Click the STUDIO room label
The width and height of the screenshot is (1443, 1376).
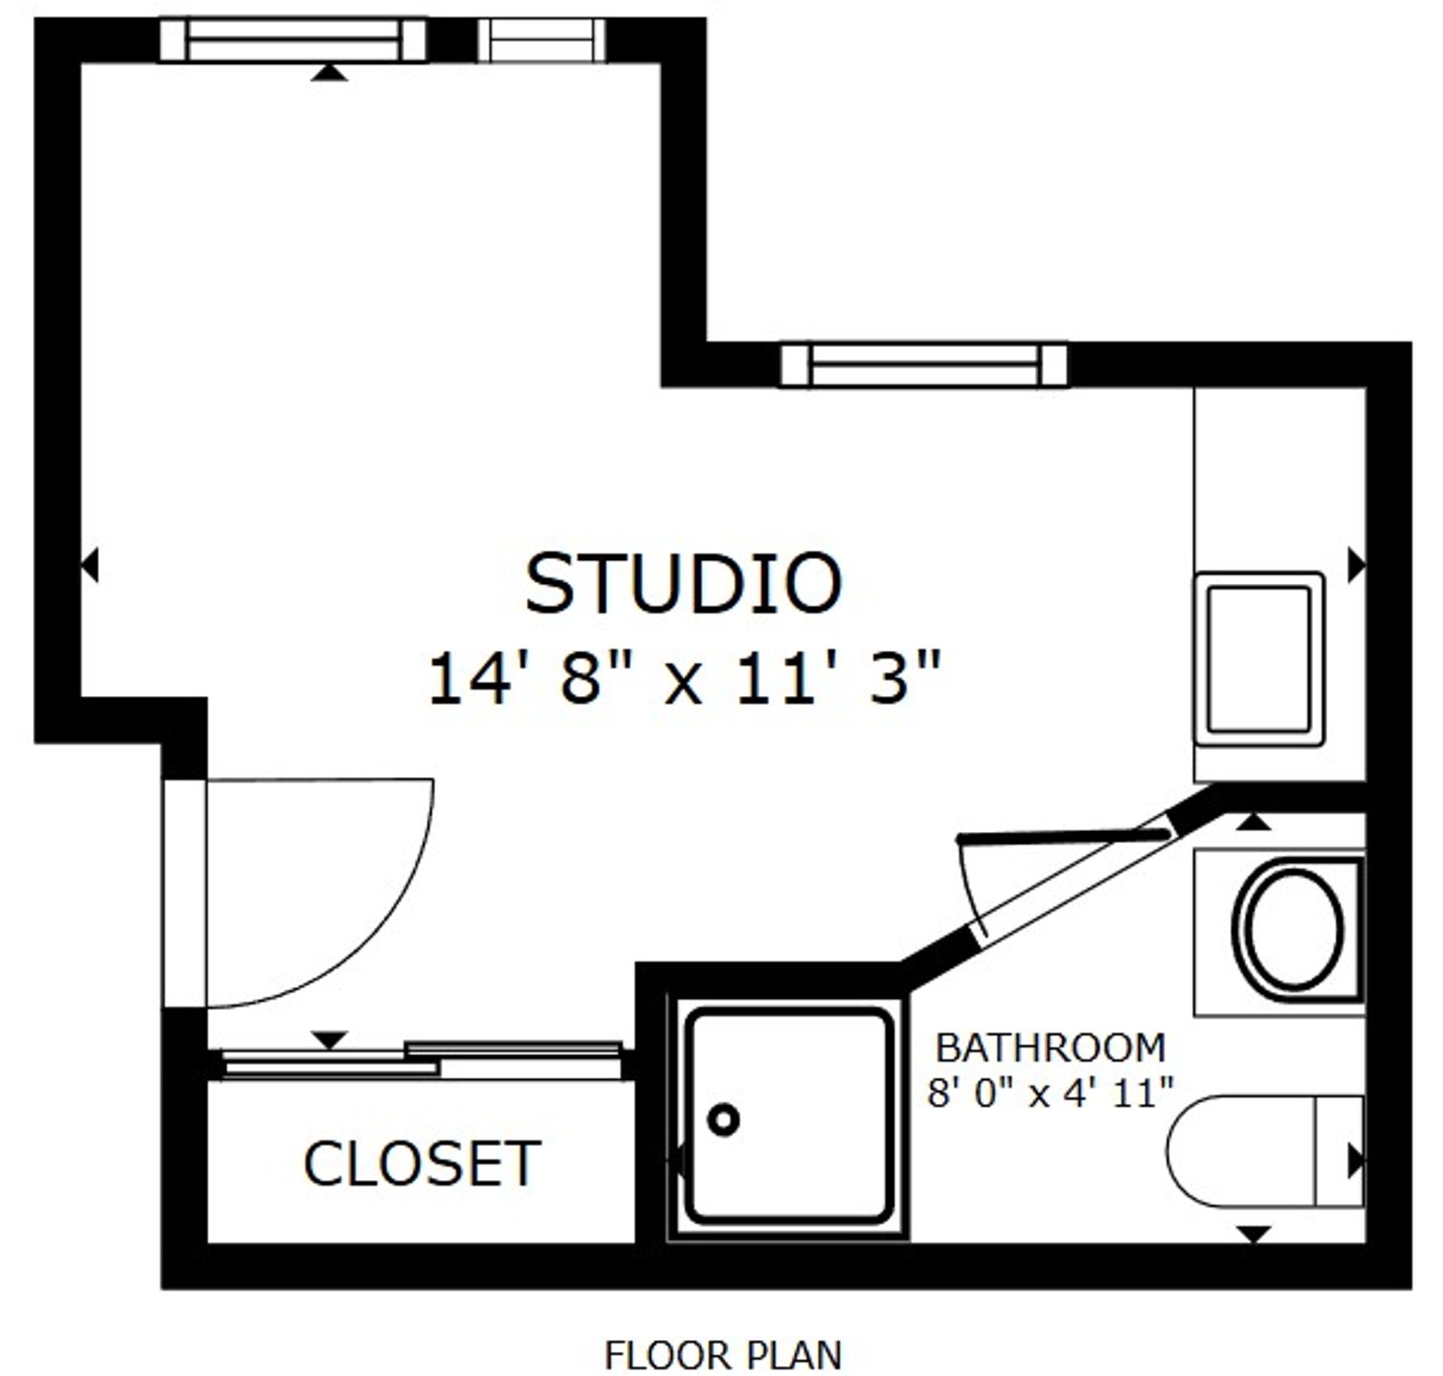pos(682,584)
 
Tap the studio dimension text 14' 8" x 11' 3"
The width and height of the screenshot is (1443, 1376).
pos(682,679)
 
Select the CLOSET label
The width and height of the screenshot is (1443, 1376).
pos(422,1164)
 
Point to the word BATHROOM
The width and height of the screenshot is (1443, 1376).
pos(1050,1048)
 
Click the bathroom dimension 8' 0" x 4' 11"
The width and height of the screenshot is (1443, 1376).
pos(1050,1093)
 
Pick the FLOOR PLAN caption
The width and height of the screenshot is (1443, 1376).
pos(722,1334)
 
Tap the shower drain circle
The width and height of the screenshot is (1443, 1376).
pos(724,1119)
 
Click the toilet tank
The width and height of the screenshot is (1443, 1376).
pos(1339,1151)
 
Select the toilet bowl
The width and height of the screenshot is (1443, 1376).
pos(1240,1151)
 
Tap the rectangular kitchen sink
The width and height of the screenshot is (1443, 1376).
pos(1259,660)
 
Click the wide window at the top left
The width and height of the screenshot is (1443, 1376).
pos(292,40)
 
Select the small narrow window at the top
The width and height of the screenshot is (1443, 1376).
pos(541,40)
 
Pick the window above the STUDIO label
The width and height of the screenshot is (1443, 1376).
pos(924,365)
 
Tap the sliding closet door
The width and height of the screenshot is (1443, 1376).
pos(421,1060)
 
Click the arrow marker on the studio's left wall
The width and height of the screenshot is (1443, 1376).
pos(90,565)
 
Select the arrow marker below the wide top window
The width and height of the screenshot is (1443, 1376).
pos(329,73)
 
